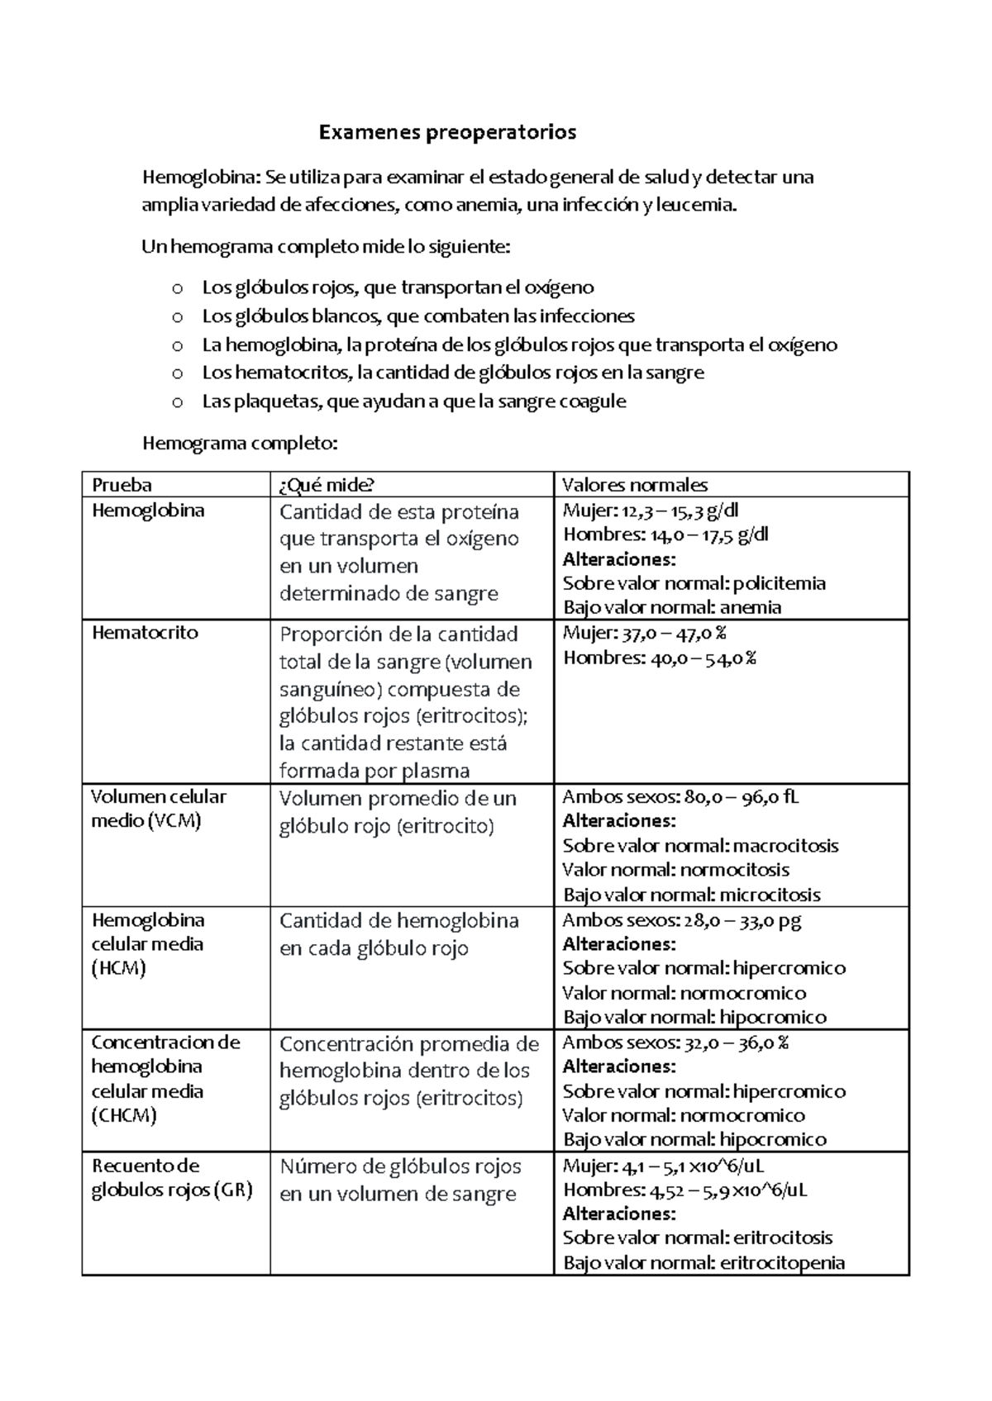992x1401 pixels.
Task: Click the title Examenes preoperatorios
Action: [447, 132]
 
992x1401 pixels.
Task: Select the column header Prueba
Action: [122, 485]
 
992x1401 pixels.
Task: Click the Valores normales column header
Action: [634, 485]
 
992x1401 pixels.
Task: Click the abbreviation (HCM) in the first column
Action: [118, 968]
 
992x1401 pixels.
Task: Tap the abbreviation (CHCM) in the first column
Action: [124, 1115]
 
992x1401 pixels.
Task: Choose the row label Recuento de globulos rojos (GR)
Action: [171, 1178]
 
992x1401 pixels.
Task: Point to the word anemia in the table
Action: [750, 608]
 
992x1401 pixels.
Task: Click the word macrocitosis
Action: [785, 846]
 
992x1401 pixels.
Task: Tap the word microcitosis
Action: [770, 895]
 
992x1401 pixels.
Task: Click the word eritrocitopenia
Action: [782, 1262]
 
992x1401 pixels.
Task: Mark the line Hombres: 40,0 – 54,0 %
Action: [659, 658]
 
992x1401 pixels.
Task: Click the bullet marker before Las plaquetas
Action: [176, 402]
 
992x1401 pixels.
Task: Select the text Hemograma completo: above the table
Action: [241, 444]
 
